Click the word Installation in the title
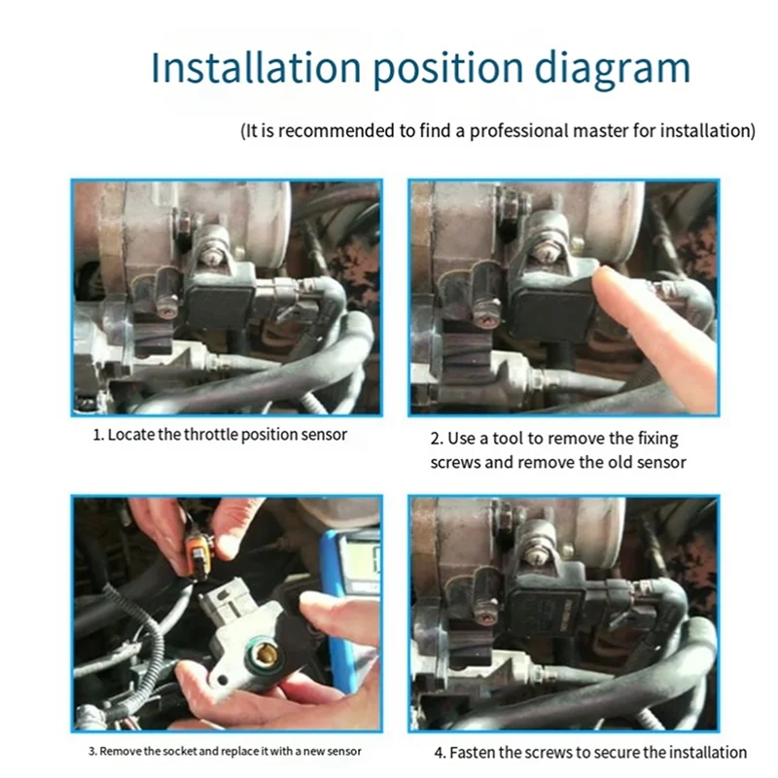[x=256, y=67]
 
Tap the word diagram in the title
[x=612, y=69]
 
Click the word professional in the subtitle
[x=518, y=131]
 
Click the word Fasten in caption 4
[x=472, y=752]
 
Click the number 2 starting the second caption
[x=436, y=439]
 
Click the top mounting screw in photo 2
[x=545, y=254]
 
